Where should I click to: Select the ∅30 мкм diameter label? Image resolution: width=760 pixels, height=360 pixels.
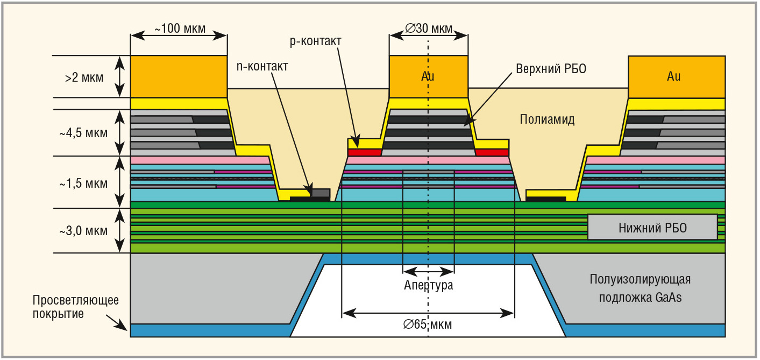pyautogui.click(x=429, y=29)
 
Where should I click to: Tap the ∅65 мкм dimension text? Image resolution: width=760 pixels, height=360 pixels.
pyautogui.click(x=428, y=324)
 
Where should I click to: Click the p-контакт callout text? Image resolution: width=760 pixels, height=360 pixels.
pyautogui.click(x=316, y=41)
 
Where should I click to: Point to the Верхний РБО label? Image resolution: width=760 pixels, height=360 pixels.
pyautogui.click(x=551, y=69)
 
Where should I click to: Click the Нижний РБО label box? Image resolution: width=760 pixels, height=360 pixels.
pyautogui.click(x=652, y=227)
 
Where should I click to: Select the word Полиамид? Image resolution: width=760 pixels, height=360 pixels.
pyautogui.click(x=548, y=119)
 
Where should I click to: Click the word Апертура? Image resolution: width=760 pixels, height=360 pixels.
pyautogui.click(x=429, y=285)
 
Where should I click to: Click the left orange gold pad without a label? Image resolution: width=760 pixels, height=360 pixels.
pyautogui.click(x=179, y=76)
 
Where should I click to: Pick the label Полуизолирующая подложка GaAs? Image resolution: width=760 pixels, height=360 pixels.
pyautogui.click(x=640, y=288)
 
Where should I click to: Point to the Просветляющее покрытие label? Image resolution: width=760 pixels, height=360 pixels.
pyautogui.click(x=75, y=307)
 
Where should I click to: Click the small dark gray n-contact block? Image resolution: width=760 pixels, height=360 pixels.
pyautogui.click(x=321, y=192)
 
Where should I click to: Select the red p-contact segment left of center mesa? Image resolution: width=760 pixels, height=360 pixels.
pyautogui.click(x=364, y=153)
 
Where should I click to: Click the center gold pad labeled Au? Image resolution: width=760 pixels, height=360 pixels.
pyautogui.click(x=428, y=76)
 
